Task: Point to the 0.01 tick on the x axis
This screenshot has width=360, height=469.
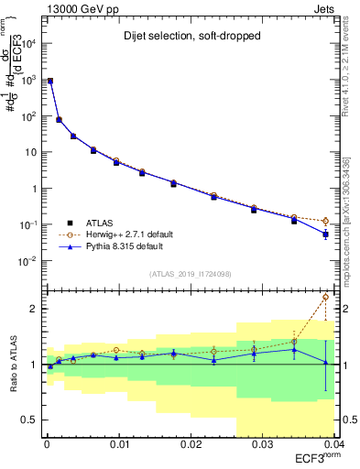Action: pos(119,444)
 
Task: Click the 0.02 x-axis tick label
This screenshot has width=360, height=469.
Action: pos(191,444)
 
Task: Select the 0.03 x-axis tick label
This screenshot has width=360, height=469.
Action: pos(262,444)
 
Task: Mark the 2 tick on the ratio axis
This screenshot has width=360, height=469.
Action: pos(33,309)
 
